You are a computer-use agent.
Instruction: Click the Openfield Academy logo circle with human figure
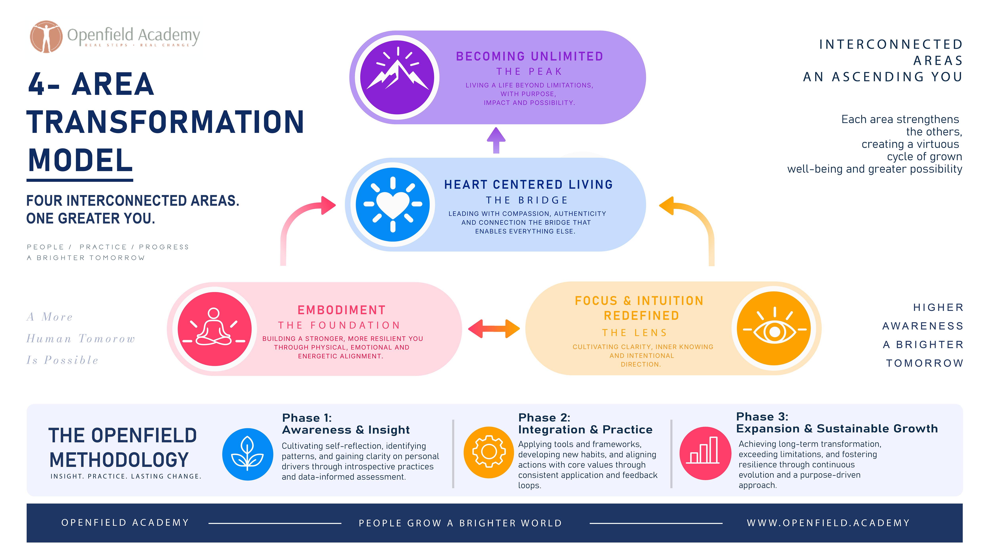point(46,36)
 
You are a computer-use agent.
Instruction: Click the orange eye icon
point(774,328)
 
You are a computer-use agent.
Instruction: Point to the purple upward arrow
point(496,140)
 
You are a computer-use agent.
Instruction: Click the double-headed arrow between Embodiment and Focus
point(494,328)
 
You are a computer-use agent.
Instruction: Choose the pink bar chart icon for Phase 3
point(705,453)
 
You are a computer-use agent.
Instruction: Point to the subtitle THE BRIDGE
point(527,200)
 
